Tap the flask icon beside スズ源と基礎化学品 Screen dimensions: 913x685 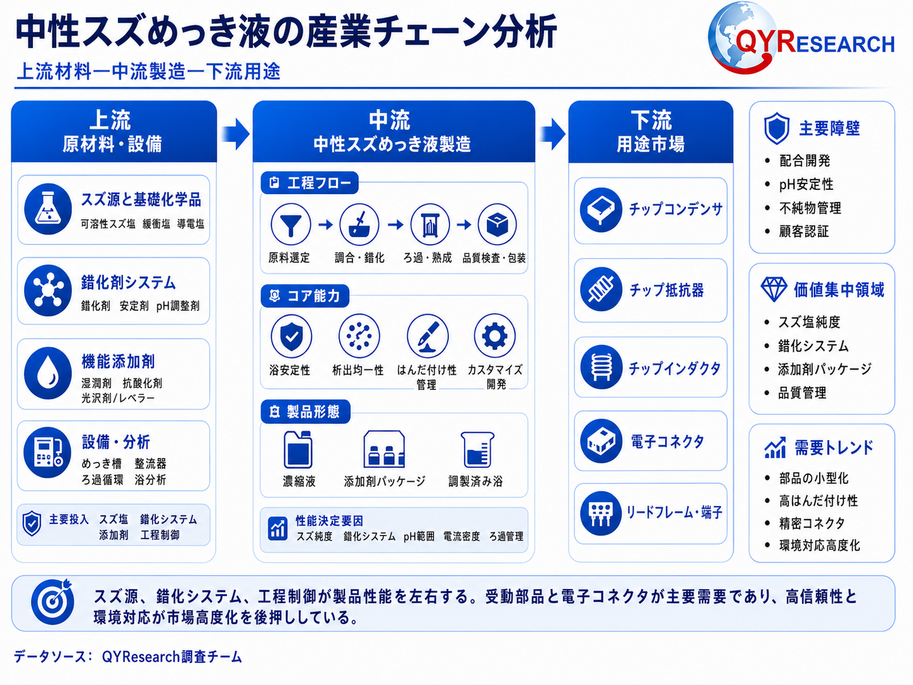coord(48,209)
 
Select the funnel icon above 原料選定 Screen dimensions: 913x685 coord(291,224)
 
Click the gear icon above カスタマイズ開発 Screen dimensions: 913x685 coord(494,336)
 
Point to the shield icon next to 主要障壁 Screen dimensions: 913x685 coord(777,128)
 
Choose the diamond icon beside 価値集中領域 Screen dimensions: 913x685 coord(774,290)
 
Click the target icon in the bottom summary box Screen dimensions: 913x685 coord(52,601)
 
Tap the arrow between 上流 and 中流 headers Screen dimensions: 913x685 coord(235,134)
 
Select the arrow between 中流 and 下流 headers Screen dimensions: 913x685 coord(552,134)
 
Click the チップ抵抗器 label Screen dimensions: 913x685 coord(666,290)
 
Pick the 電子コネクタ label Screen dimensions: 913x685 coord(667,442)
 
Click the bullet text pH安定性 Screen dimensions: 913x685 coord(806,184)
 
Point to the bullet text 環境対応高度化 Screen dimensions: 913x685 coord(820,545)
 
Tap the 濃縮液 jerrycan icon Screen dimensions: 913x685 coord(298,449)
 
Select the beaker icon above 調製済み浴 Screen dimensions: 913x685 coord(477,450)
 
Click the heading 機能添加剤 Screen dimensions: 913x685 coord(118,361)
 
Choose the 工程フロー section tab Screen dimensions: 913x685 coord(310,182)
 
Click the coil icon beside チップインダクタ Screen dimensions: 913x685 coord(601,367)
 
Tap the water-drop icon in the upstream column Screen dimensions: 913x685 coord(48,373)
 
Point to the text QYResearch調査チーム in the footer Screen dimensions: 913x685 coord(172,657)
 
